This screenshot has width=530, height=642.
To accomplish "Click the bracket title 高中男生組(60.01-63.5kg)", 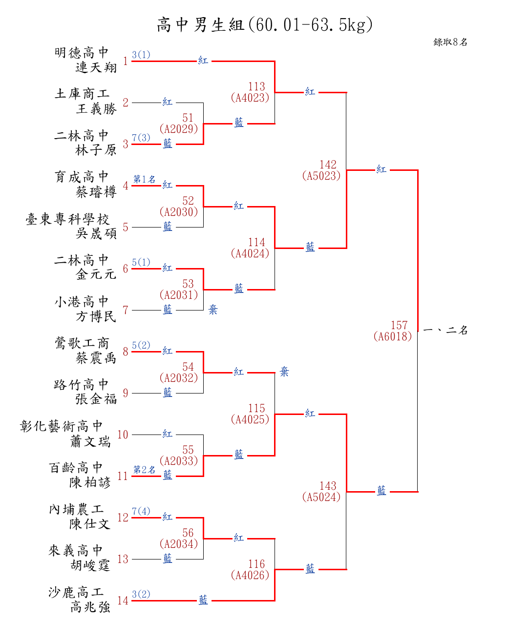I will [264, 24].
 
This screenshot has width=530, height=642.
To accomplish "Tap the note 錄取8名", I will [450, 42].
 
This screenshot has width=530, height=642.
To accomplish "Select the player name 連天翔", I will [96, 67].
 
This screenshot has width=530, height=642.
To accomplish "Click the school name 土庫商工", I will [82, 93].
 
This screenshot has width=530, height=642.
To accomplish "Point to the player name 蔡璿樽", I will [96, 192].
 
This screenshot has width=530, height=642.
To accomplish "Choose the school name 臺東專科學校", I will [67, 219].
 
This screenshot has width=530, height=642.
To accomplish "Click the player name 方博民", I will [96, 316].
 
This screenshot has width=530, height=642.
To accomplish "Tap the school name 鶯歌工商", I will [82, 343].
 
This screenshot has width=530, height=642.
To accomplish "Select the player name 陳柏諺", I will [90, 482].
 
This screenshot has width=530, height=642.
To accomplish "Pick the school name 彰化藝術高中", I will [62, 426].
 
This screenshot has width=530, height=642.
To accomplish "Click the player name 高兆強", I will [90, 607].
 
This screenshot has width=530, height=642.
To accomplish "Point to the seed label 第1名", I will [144, 179].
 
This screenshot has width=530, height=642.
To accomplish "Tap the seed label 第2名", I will [144, 470].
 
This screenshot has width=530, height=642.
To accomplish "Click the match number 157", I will [399, 325].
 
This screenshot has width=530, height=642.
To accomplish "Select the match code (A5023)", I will [321, 176].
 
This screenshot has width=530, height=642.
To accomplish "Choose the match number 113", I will [256, 86].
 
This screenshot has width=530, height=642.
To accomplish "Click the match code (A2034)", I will [179, 544].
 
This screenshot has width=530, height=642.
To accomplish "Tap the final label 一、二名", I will [445, 331].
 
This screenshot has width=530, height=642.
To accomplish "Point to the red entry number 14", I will [123, 601].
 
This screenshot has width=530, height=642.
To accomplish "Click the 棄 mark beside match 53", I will [213, 310].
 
